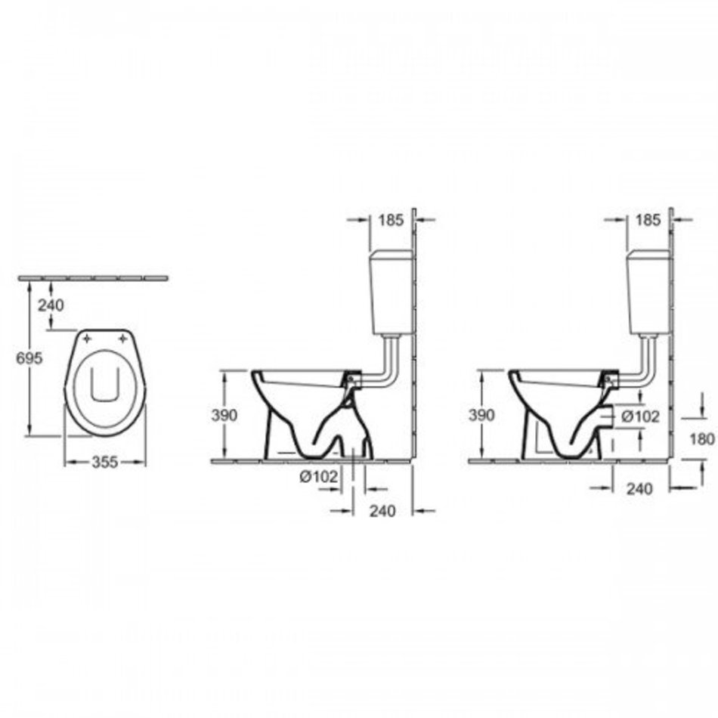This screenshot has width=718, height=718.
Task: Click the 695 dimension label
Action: [x=29, y=358]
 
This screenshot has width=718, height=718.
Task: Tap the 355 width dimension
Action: [x=105, y=462]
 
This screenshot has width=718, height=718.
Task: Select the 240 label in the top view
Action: [x=51, y=305]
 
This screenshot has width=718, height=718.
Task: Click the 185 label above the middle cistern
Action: [x=391, y=220]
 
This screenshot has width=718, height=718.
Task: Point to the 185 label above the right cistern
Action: [x=648, y=220]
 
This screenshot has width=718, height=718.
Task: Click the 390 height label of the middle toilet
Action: [x=224, y=416]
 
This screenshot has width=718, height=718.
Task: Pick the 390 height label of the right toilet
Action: [x=481, y=416]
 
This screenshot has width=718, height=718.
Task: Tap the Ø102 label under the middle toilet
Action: [x=319, y=477]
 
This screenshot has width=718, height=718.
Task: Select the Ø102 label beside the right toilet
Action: [x=640, y=416]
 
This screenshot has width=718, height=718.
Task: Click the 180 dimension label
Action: [x=702, y=439]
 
